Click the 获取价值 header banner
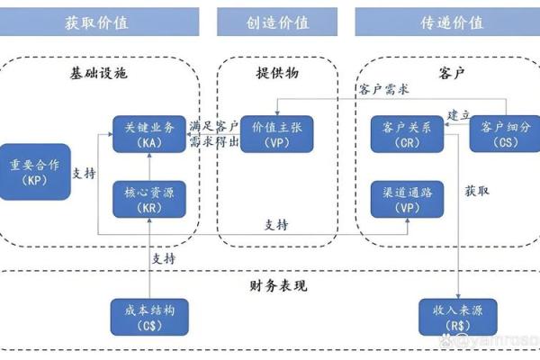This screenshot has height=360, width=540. (99, 22)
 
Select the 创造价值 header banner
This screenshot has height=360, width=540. (276, 22)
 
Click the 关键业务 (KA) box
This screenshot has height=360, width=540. (148, 133)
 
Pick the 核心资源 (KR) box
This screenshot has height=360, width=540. (148, 198)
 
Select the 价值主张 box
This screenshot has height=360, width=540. (275, 133)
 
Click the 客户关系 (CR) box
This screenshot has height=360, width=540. (407, 133)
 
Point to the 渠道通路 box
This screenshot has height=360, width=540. (407, 198)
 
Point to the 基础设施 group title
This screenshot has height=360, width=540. (99, 73)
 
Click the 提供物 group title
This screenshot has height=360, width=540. (275, 73)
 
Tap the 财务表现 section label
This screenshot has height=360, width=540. (277, 286)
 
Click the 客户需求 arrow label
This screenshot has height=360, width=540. (383, 89)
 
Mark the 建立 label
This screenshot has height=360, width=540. (459, 115)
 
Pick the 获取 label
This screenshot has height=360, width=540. (477, 191)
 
